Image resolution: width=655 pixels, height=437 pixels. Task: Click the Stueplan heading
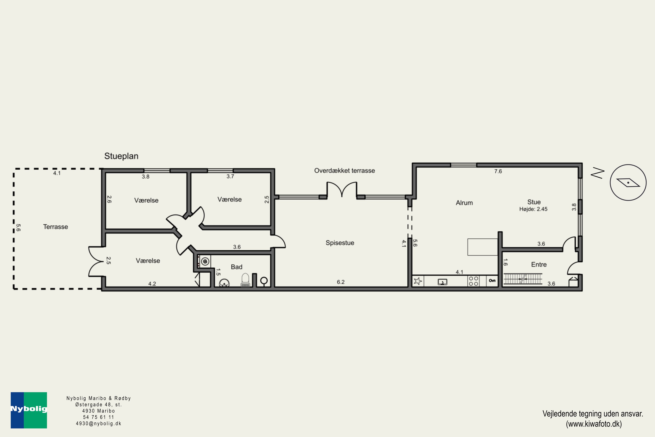pyautogui.click(x=121, y=156)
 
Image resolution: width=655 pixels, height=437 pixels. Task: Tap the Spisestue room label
pyautogui.click(x=340, y=243)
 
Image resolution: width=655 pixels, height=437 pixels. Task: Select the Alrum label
pyautogui.click(x=464, y=203)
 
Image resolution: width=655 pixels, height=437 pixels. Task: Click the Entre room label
pyautogui.click(x=539, y=264)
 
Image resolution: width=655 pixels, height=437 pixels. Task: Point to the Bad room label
pyautogui.click(x=236, y=267)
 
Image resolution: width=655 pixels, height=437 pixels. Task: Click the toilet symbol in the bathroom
pyautogui.click(x=245, y=280)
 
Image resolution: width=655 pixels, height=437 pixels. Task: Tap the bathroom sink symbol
pyautogui.click(x=224, y=283)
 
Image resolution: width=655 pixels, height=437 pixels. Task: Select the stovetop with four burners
pyautogui.click(x=473, y=281)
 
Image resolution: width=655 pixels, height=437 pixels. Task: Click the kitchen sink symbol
pyautogui.click(x=442, y=282)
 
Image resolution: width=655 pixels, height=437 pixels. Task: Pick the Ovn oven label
pyautogui.click(x=492, y=281)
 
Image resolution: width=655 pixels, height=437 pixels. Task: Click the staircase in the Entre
pyautogui.click(x=523, y=279)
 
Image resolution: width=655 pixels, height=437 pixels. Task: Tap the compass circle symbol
pyautogui.click(x=628, y=182)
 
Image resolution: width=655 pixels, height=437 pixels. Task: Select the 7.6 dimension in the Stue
pyautogui.click(x=498, y=171)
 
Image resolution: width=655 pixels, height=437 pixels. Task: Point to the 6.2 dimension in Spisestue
pyautogui.click(x=341, y=282)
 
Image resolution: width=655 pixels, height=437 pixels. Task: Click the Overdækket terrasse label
pyautogui.click(x=344, y=171)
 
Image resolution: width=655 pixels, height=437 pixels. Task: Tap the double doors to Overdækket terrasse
pyautogui.click(x=342, y=189)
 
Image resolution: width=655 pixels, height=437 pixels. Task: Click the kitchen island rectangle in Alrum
pyautogui.click(x=482, y=247)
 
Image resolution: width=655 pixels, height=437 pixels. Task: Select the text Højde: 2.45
pyautogui.click(x=533, y=209)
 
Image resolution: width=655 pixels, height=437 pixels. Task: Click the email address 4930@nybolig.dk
pyautogui.click(x=99, y=424)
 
